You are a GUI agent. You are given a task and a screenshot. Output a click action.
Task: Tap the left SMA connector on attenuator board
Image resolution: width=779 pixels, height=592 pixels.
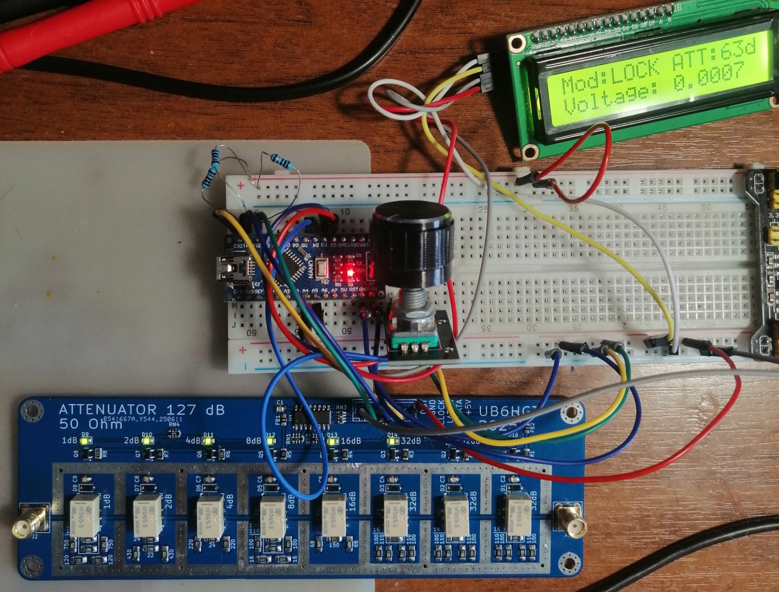pyautogui.click(x=30, y=521)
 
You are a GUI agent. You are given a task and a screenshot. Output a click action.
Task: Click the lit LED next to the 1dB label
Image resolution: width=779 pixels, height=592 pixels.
pyautogui.click(x=85, y=441)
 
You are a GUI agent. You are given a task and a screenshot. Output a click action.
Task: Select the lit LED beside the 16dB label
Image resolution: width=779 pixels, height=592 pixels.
pyautogui.click(x=332, y=441)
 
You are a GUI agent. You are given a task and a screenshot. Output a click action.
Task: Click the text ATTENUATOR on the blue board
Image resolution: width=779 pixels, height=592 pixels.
pyautogui.click(x=108, y=410)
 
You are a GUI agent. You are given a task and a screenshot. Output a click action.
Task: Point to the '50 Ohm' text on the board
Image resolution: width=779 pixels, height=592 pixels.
pyautogui.click(x=91, y=424)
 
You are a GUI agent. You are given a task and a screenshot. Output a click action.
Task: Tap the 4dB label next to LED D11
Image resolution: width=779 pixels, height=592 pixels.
pyautogui.click(x=193, y=441)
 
